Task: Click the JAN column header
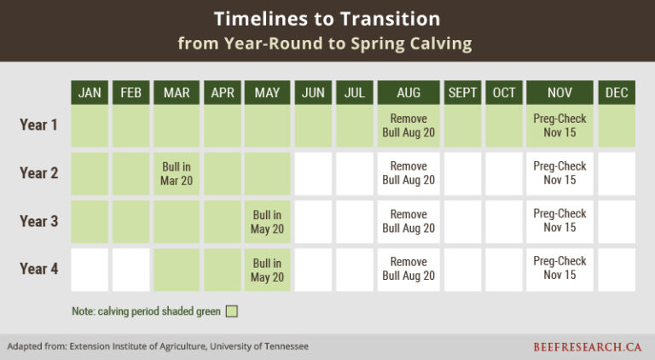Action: pyautogui.click(x=90, y=92)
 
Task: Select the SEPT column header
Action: pyautogui.click(x=462, y=92)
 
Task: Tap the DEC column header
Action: pyautogui.click(x=617, y=92)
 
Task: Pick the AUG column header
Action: pyautogui.click(x=408, y=92)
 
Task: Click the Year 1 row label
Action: pyautogui.click(x=38, y=125)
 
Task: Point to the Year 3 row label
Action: pyautogui.click(x=38, y=222)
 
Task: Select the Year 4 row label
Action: pyautogui.click(x=38, y=270)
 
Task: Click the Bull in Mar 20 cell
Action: pyautogui.click(x=177, y=173)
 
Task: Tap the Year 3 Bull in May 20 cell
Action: pyautogui.click(x=267, y=221)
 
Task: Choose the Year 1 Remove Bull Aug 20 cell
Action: pyautogui.click(x=408, y=125)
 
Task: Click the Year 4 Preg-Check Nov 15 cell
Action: pyautogui.click(x=559, y=269)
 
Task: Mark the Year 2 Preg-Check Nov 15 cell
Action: pyautogui.click(x=559, y=173)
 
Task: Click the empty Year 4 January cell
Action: pyautogui.click(x=90, y=270)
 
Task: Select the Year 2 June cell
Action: pyautogui.click(x=313, y=173)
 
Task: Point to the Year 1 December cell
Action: pyautogui.click(x=617, y=125)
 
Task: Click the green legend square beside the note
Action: pyautogui.click(x=231, y=311)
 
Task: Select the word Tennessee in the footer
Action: pyautogui.click(x=281, y=346)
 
